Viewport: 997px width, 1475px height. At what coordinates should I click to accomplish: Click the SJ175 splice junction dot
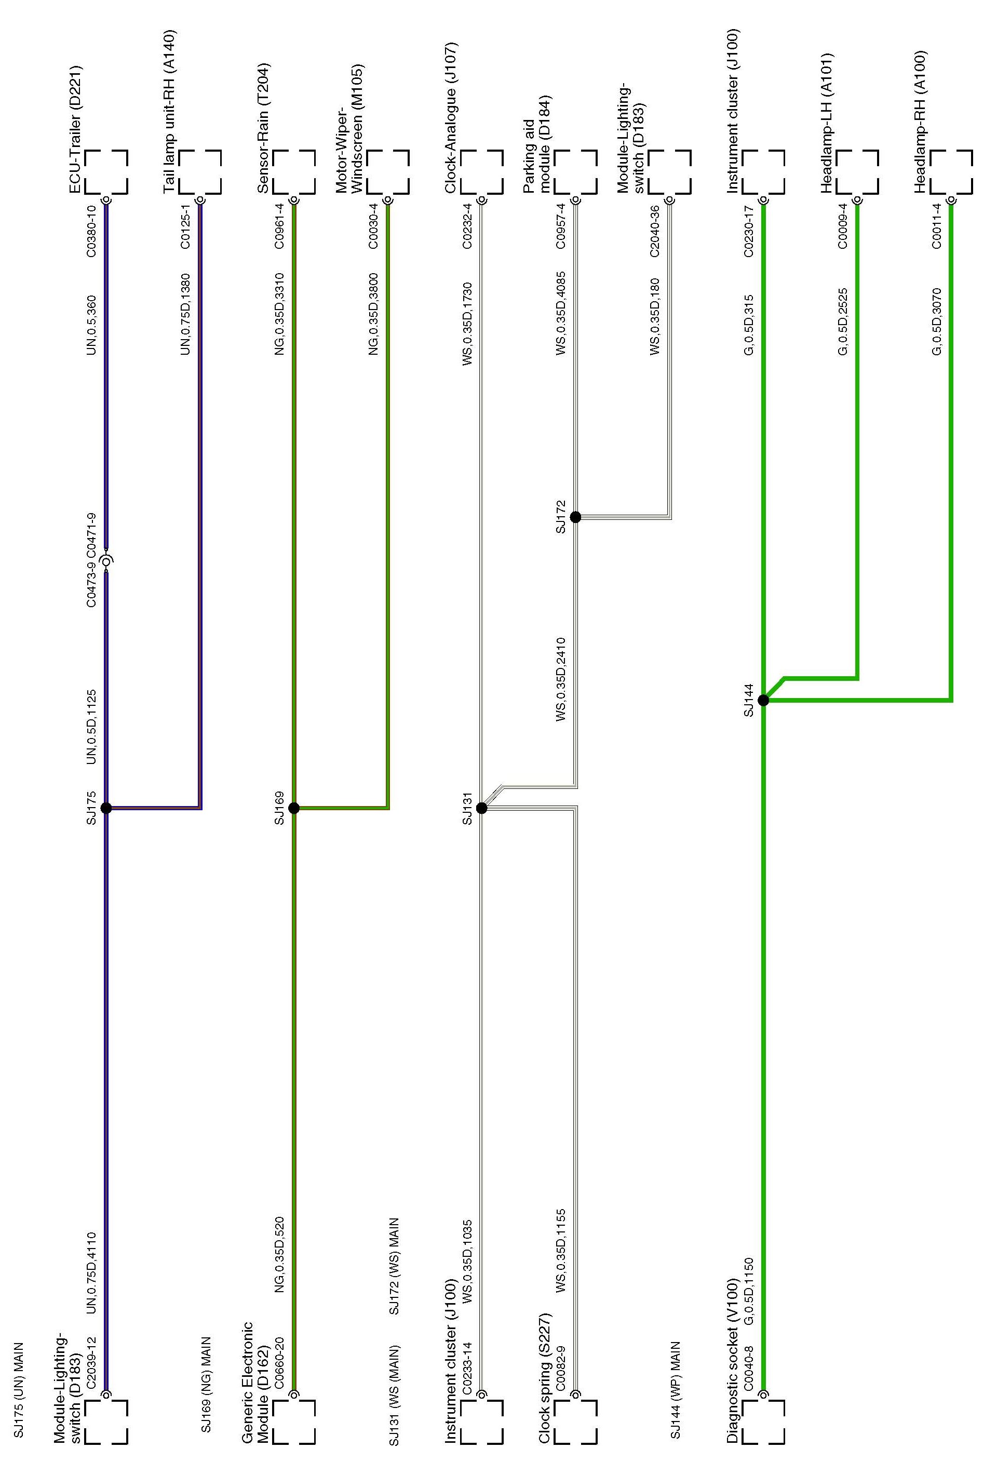point(106,808)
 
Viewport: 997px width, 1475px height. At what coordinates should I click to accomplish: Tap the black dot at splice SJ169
point(293,808)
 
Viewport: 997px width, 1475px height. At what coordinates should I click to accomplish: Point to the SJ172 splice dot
point(575,517)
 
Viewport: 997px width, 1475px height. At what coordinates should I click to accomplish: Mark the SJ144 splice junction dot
point(763,700)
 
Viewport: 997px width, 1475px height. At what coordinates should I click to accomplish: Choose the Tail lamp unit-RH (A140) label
point(169,112)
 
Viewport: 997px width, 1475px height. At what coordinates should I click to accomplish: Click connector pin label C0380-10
point(91,231)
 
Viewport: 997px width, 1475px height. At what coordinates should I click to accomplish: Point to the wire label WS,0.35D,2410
point(560,680)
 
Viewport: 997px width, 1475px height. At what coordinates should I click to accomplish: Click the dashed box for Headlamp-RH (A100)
point(951,171)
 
